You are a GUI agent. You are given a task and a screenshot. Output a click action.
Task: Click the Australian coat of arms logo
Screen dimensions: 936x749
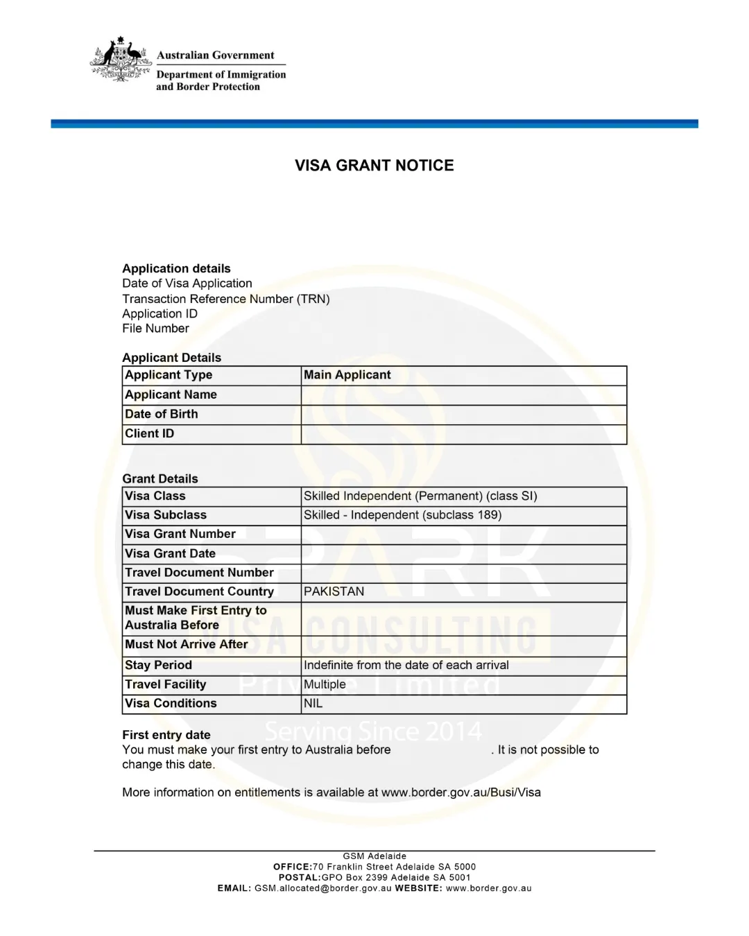pyautogui.click(x=121, y=60)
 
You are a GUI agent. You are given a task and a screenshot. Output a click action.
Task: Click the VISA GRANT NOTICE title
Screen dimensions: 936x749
pyautogui.click(x=374, y=166)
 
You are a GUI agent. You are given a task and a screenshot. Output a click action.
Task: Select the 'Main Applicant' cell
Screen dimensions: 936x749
pyautogui.click(x=347, y=375)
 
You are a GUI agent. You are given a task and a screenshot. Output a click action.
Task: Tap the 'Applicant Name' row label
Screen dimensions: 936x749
pyautogui.click(x=171, y=395)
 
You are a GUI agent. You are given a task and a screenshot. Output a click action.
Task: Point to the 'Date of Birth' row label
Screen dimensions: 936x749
pyautogui.click(x=161, y=414)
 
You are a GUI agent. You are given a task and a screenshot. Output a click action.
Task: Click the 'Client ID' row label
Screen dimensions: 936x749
pyautogui.click(x=149, y=433)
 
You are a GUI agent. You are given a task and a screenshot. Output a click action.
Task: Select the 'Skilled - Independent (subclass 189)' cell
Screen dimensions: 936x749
pyautogui.click(x=402, y=515)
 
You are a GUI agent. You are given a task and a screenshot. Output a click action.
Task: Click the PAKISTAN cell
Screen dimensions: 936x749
pyautogui.click(x=334, y=591)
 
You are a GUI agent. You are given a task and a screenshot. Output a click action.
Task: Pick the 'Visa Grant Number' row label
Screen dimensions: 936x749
pyautogui.click(x=180, y=534)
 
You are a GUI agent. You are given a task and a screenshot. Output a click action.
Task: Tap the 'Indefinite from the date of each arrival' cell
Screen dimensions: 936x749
pyautogui.click(x=406, y=665)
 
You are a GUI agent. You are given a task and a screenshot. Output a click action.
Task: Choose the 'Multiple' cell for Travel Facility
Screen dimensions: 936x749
pyautogui.click(x=325, y=684)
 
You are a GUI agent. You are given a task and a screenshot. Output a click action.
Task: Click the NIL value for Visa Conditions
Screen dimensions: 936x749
pyautogui.click(x=313, y=703)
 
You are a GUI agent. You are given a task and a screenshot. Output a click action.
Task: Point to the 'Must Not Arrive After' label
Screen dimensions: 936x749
pyautogui.click(x=186, y=644)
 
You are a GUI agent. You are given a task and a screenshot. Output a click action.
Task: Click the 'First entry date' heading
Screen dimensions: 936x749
pyautogui.click(x=166, y=735)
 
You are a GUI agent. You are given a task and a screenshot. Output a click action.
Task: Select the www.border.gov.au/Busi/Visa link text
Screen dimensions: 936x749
pyautogui.click(x=460, y=792)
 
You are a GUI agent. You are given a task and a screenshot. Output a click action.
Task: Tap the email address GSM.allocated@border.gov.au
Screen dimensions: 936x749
pyautogui.click(x=323, y=888)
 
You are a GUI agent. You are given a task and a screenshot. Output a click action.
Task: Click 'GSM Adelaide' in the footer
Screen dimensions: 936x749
pyautogui.click(x=374, y=856)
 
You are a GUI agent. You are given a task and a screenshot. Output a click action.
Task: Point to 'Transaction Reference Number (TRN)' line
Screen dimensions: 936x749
pyautogui.click(x=226, y=299)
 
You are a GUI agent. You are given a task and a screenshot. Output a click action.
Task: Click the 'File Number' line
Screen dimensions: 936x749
pyautogui.click(x=155, y=329)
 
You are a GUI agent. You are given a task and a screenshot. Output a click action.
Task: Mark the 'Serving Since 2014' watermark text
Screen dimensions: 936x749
pyautogui.click(x=373, y=731)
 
